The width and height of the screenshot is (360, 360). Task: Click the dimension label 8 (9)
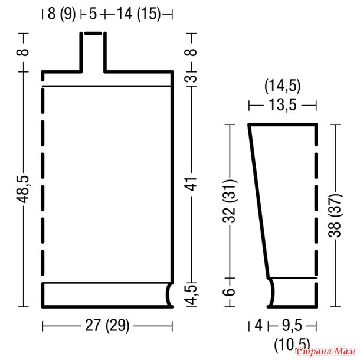click(61, 14)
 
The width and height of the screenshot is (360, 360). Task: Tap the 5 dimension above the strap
click(93, 14)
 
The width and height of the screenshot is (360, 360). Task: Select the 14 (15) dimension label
click(139, 14)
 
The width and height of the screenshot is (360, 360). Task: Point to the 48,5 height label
click(23, 189)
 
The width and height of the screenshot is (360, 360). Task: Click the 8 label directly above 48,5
click(23, 53)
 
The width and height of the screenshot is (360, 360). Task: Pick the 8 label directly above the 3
click(191, 53)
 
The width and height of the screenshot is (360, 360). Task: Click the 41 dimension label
click(191, 184)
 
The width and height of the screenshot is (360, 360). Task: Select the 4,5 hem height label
click(192, 295)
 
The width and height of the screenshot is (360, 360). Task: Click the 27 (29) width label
click(107, 326)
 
